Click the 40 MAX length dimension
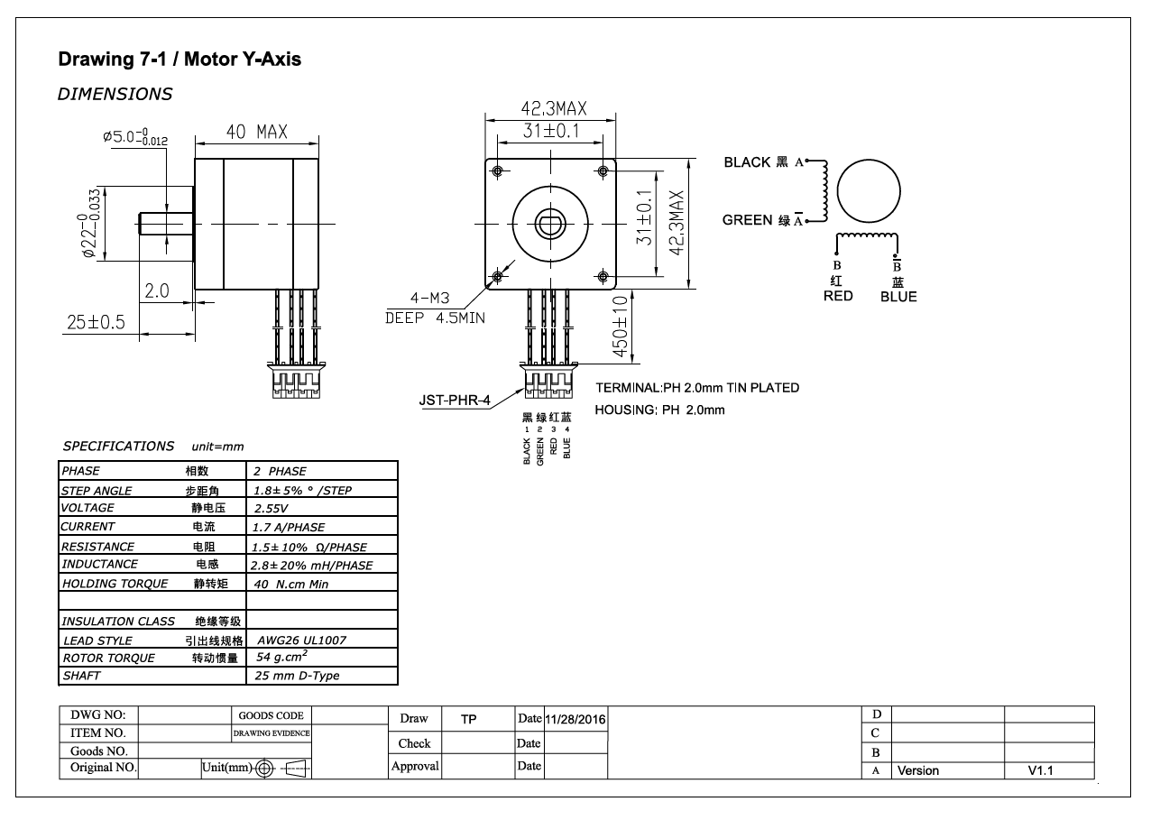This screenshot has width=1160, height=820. coord(256,133)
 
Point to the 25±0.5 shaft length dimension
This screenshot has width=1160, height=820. coord(95,322)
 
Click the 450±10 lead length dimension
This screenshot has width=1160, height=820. coord(621,327)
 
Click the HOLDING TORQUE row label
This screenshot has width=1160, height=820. coord(115,584)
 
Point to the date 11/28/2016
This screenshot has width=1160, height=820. coord(575,719)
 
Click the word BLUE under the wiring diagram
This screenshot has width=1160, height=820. coord(898,297)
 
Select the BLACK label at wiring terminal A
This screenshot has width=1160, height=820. coord(748,162)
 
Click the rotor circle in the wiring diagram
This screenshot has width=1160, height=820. coord(869,191)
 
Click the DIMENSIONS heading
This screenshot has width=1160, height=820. coord(115,94)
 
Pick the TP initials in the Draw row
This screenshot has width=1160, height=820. coord(468,719)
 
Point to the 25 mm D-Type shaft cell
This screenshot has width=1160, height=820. coord(298,676)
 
